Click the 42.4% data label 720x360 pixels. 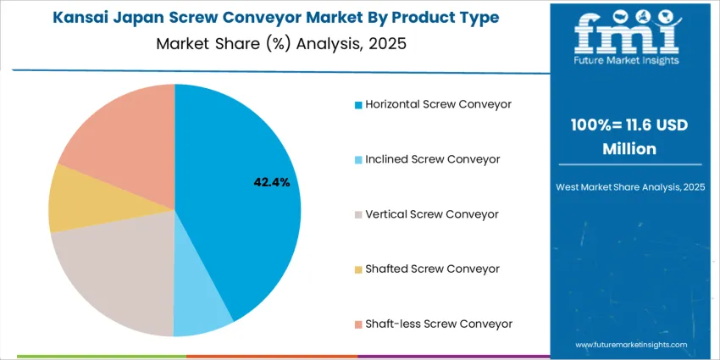click(271, 181)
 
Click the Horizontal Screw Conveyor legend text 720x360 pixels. click(439, 104)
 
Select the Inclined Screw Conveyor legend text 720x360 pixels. click(432, 159)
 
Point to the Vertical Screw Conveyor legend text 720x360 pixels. click(432, 214)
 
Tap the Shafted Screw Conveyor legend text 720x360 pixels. click(432, 269)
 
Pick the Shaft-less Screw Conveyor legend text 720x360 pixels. click(439, 324)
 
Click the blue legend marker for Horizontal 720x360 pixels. click(358, 105)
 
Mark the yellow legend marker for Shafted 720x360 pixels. click(358, 269)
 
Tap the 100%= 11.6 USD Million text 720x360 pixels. click(628, 136)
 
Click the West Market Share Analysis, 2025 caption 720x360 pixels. click(628, 186)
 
